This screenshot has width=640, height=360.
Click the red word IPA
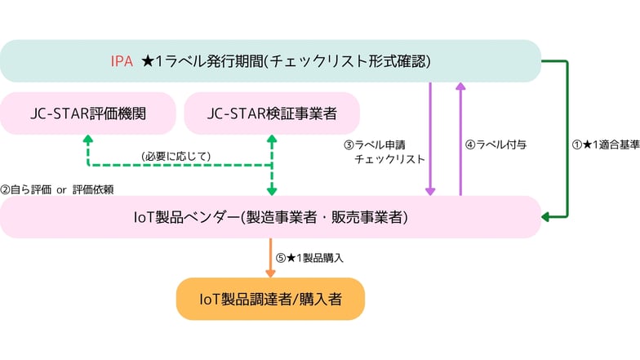click(x=122, y=61)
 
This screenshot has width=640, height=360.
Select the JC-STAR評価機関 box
click(x=88, y=113)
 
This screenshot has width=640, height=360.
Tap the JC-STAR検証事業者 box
click(x=271, y=113)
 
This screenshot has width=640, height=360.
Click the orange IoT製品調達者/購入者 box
click(x=270, y=300)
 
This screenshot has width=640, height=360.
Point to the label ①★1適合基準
click(x=605, y=144)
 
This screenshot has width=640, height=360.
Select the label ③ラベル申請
click(x=384, y=144)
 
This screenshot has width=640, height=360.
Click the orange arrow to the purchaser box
click(x=270, y=258)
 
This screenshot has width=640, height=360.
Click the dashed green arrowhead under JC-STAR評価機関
click(x=88, y=140)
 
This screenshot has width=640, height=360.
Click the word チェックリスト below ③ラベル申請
click(x=389, y=160)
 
